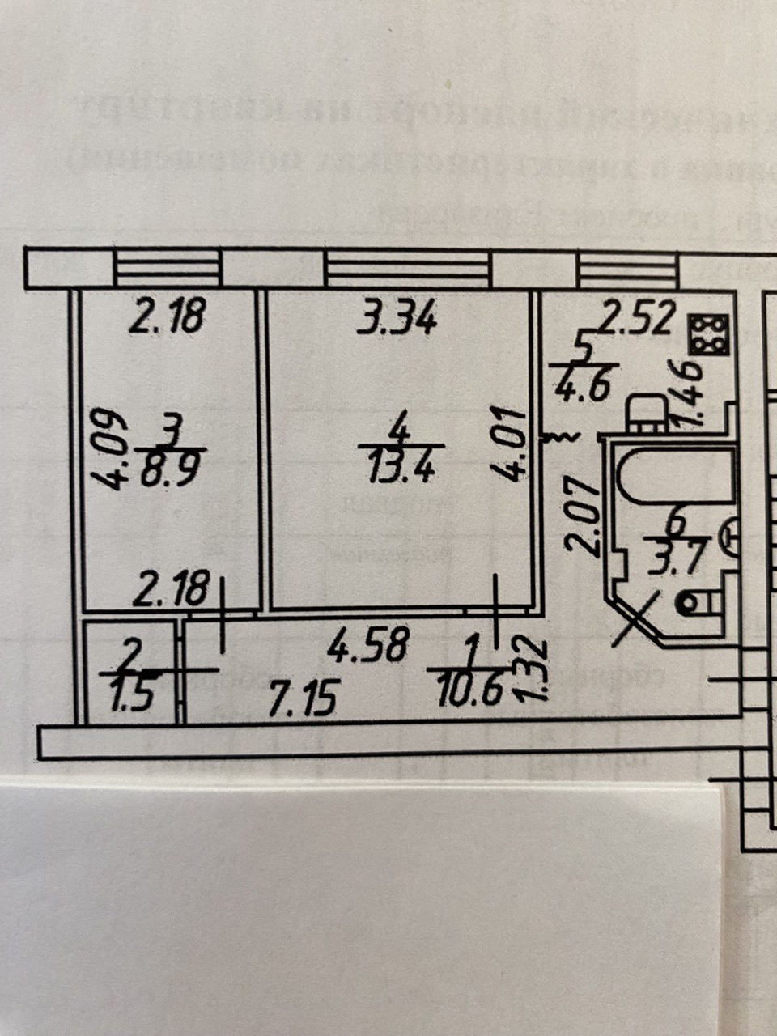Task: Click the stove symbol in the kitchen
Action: [708, 334]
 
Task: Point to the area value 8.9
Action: [171, 471]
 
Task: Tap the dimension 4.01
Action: [514, 444]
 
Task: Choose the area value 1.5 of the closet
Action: [132, 696]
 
